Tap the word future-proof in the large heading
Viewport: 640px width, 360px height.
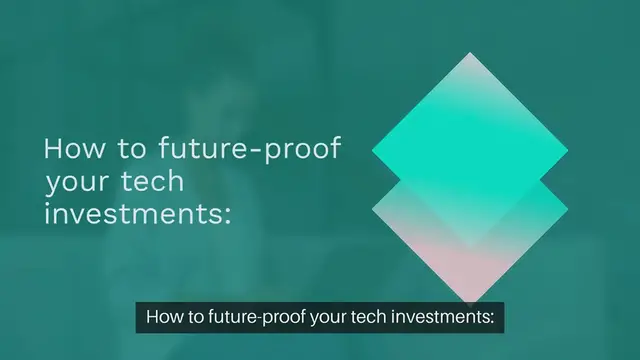(250, 150)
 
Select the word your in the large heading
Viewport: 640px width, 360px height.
(74, 184)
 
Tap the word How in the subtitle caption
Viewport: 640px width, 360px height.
(163, 319)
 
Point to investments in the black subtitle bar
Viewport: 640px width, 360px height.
(440, 319)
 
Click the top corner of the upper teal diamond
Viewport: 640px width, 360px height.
(470, 54)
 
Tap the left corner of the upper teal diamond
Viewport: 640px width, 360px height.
(372, 151)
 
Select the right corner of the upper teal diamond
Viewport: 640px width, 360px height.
(568, 151)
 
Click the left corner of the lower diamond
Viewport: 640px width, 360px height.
(372, 206)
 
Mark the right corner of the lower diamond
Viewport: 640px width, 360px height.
(568, 206)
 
